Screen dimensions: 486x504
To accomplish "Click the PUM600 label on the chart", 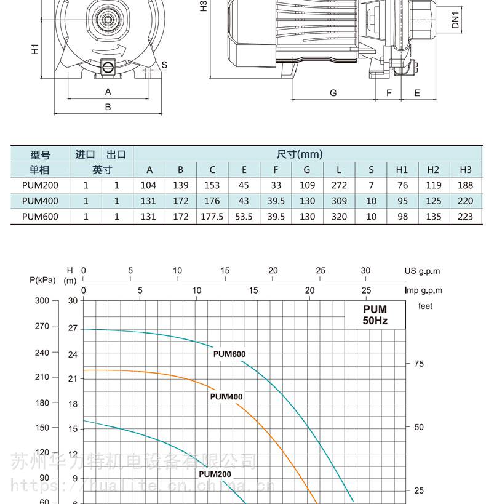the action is click(229, 354).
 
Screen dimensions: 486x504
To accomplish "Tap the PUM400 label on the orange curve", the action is click(226, 397).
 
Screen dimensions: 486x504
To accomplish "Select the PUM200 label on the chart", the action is click(215, 474).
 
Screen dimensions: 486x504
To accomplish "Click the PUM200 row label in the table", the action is click(40, 185).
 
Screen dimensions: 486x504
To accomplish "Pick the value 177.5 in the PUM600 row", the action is click(212, 217).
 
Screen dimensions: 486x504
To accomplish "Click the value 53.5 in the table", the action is click(244, 217).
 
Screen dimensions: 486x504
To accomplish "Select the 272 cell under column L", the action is click(339, 185).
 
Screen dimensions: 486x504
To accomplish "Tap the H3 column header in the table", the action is click(466, 169).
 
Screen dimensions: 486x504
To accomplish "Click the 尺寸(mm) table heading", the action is click(299, 154).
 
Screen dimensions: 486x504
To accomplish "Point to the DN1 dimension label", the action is click(455, 20).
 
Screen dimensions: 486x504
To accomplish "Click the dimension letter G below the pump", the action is click(333, 93).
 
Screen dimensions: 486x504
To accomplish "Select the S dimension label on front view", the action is click(164, 65).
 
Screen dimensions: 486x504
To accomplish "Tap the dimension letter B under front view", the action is click(108, 107).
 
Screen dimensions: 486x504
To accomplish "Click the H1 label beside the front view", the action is click(35, 49).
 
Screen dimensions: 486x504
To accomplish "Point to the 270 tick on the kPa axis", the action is click(42, 326).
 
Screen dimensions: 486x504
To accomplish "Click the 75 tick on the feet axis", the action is click(419, 364).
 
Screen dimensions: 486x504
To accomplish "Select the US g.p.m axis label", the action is click(422, 271).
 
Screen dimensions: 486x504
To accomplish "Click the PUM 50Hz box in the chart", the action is click(375, 315).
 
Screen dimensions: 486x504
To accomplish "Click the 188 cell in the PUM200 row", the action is click(466, 185).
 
